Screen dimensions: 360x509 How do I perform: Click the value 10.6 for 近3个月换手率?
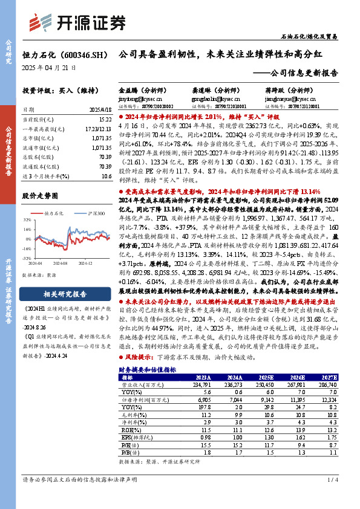(x=107, y=176)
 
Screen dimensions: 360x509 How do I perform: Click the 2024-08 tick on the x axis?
(x=61, y=264)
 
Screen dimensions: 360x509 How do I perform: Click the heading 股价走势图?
(x=41, y=196)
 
